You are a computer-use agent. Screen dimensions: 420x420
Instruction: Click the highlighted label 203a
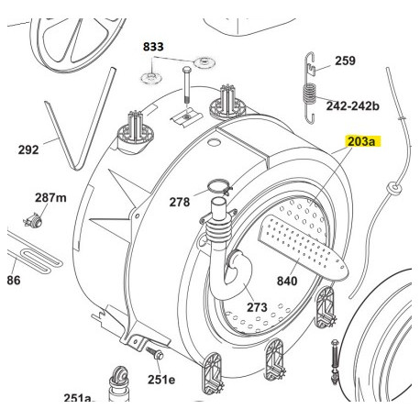(x=363, y=142)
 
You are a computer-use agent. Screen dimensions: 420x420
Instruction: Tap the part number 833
(x=153, y=47)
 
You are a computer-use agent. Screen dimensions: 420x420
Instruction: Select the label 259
(x=345, y=61)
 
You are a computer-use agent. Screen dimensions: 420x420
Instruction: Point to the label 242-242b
(x=353, y=106)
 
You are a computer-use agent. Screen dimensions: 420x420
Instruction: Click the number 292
(x=28, y=149)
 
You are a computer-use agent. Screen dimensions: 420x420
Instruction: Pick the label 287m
(x=50, y=198)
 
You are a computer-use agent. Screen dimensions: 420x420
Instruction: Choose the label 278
(x=180, y=202)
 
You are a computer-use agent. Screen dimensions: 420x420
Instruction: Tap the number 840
(x=287, y=281)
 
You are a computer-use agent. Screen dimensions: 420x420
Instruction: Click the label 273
(x=257, y=307)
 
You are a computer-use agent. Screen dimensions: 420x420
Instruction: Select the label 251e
(x=161, y=380)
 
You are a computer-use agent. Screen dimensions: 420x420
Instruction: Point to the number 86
(x=14, y=280)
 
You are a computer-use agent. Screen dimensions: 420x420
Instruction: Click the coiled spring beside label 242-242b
(x=310, y=94)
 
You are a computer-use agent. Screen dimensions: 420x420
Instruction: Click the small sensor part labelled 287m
(x=33, y=220)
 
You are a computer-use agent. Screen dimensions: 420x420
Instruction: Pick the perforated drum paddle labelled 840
(x=303, y=247)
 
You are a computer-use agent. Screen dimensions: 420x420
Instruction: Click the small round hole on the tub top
(x=213, y=142)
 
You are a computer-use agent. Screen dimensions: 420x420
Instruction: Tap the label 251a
(x=78, y=398)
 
